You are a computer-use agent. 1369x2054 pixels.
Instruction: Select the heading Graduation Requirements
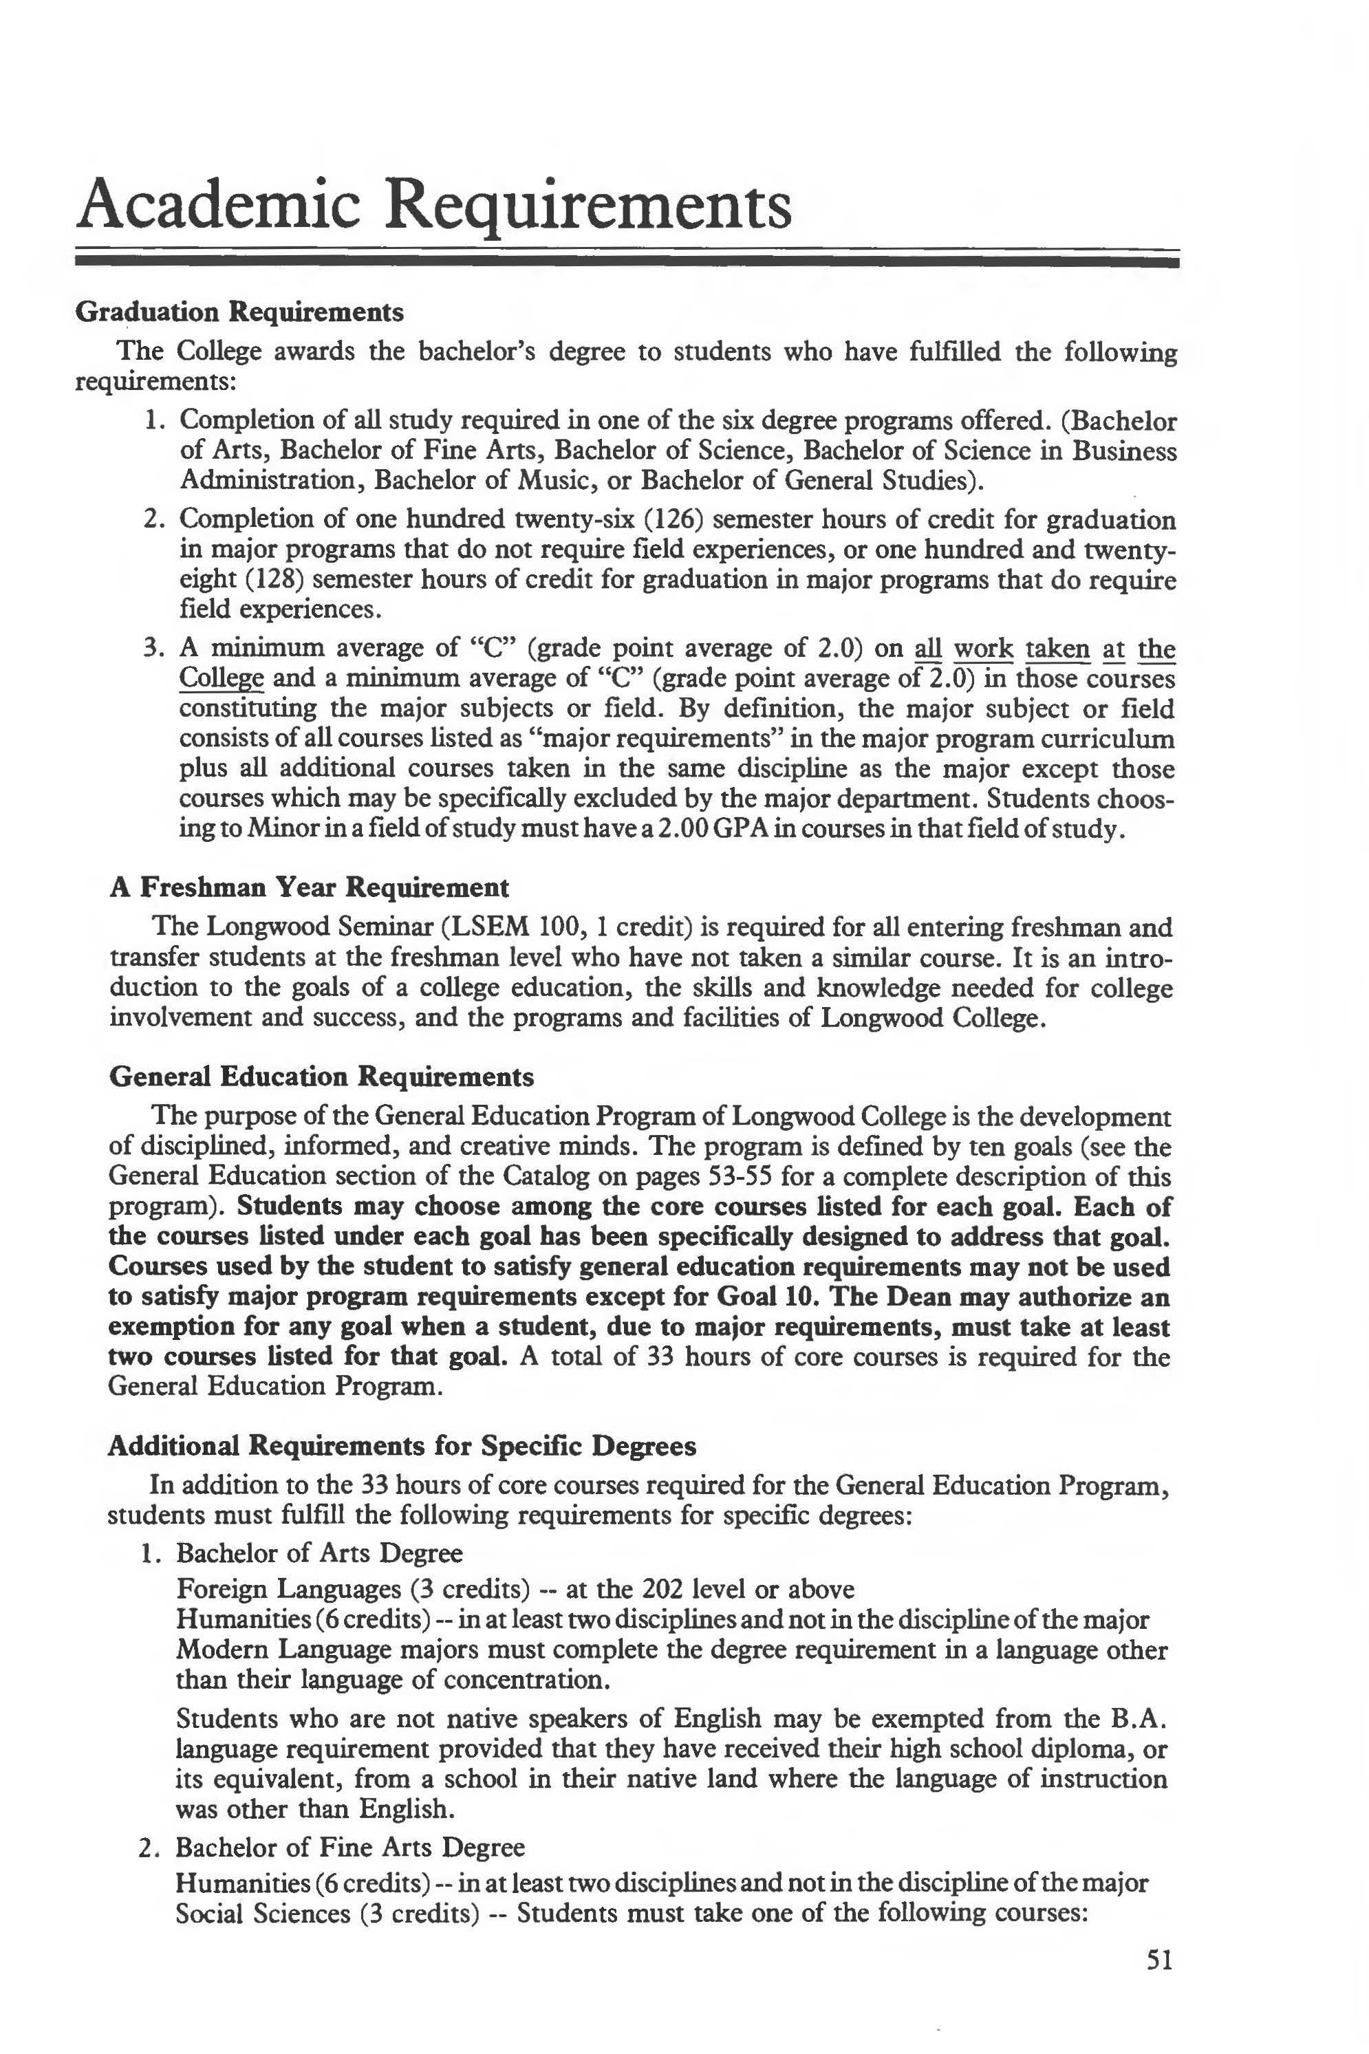click(239, 312)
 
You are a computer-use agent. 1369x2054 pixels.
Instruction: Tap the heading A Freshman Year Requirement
click(309, 888)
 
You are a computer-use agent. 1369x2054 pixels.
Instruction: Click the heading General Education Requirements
click(321, 1077)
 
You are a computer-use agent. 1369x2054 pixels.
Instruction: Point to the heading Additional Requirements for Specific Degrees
click(402, 1447)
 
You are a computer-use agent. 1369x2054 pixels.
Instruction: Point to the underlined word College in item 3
click(221, 678)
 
